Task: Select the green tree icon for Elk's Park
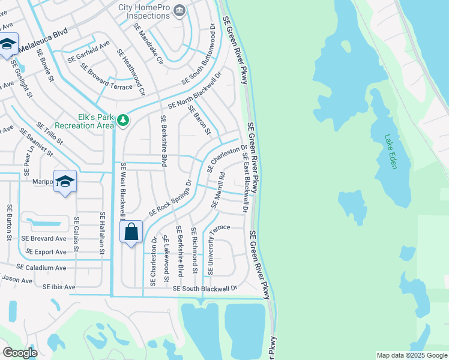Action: pos(123,121)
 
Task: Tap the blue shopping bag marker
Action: pos(131,232)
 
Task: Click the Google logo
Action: pos(20,353)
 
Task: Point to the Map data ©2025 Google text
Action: pos(411,355)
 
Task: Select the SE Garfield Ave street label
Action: pos(88,52)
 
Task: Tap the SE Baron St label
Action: pos(199,119)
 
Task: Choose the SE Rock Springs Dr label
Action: pos(170,197)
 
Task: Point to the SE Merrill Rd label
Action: pos(218,191)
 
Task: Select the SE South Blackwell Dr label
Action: pos(205,289)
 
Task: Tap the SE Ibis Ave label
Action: pos(59,287)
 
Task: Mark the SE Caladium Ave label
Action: pos(41,266)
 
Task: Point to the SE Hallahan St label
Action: pos(103,235)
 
